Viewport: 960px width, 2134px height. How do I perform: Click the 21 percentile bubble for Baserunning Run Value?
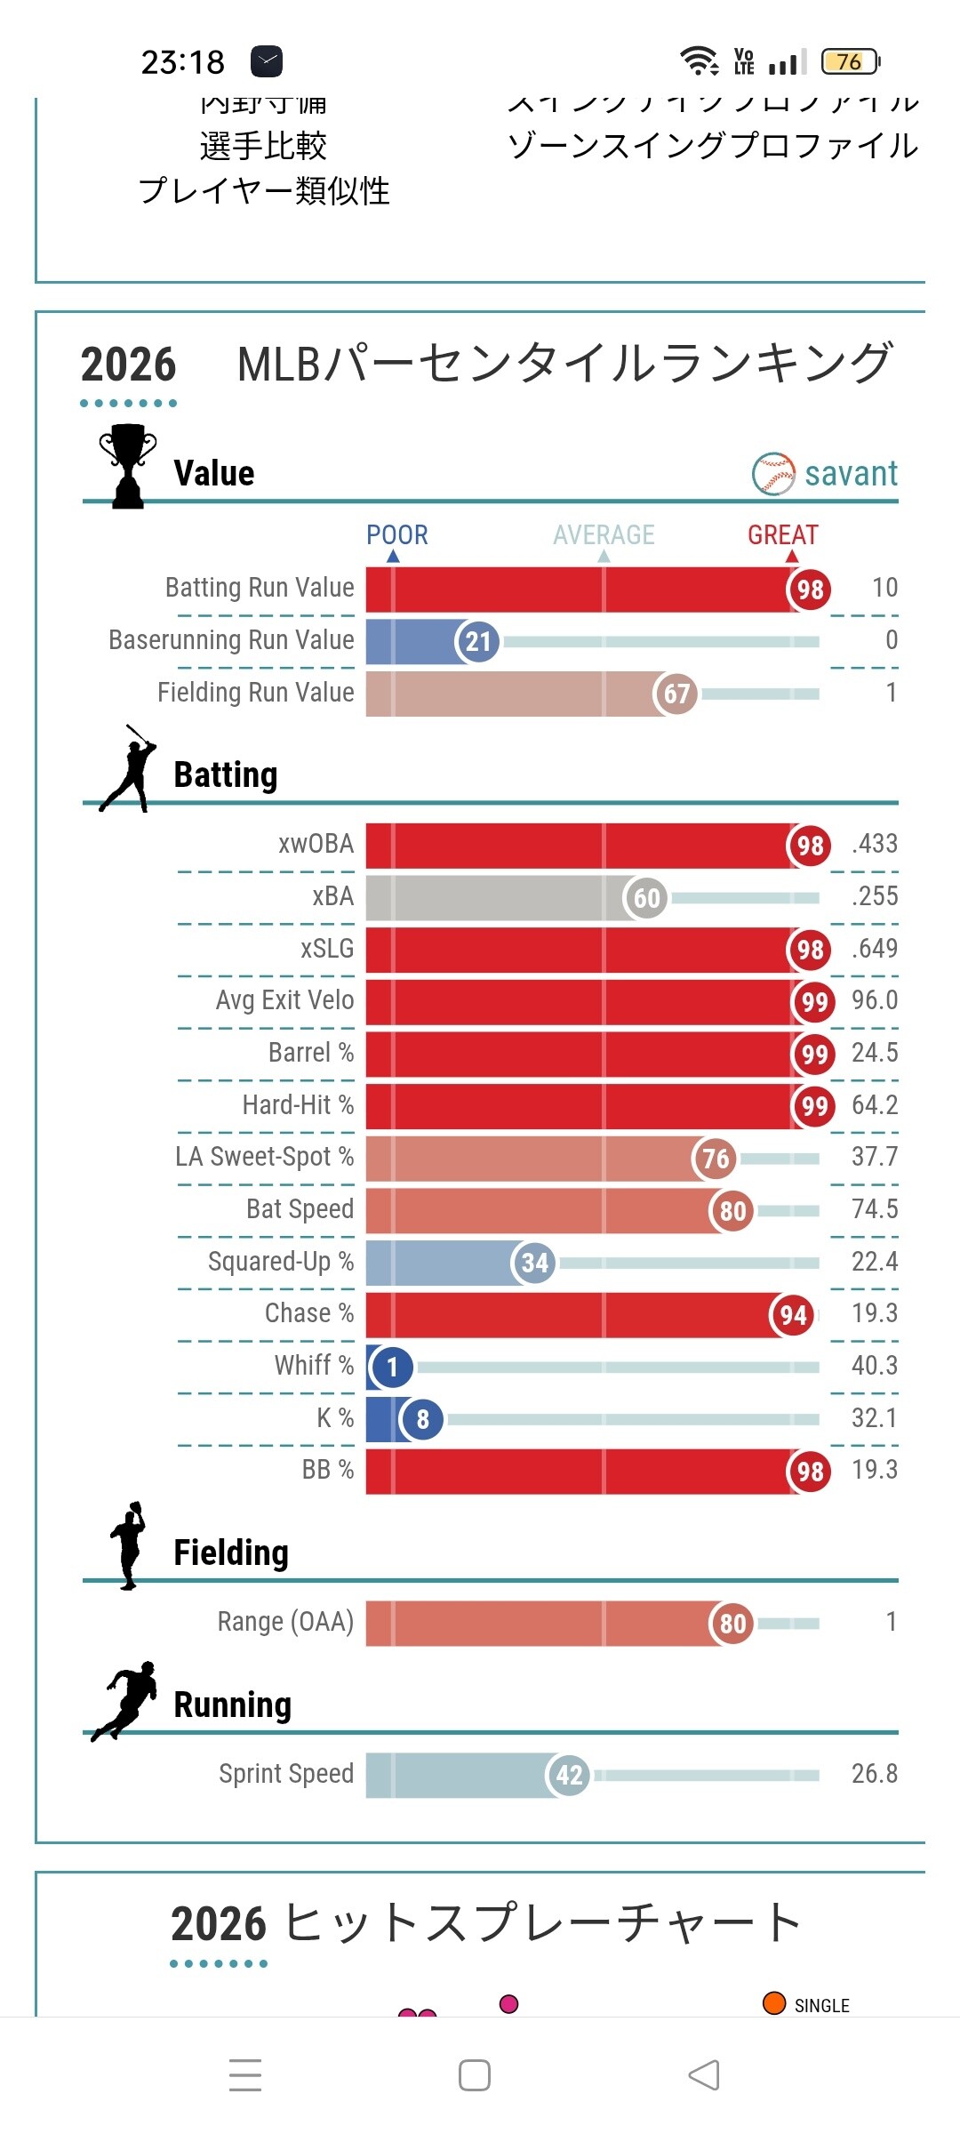pyautogui.click(x=477, y=641)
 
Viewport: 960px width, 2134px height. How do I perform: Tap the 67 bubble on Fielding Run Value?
pyautogui.click(x=676, y=694)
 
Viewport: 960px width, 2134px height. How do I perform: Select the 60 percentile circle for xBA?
pyautogui.click(x=645, y=897)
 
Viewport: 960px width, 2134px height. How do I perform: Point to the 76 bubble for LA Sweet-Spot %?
pyautogui.click(x=715, y=1159)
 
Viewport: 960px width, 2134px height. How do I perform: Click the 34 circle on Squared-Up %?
pyautogui.click(x=533, y=1263)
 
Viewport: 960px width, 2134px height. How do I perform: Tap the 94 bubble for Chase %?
pyautogui.click(x=792, y=1315)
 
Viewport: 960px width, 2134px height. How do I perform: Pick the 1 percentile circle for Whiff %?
pyautogui.click(x=392, y=1367)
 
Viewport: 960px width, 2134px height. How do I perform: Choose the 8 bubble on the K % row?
pyautogui.click(x=422, y=1419)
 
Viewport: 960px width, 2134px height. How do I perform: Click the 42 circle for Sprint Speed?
pyautogui.click(x=568, y=1775)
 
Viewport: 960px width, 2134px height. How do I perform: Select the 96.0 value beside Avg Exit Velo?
pyautogui.click(x=875, y=1000)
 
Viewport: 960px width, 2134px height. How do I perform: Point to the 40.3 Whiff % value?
pyautogui.click(x=875, y=1366)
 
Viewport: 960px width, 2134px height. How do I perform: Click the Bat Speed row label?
pyautogui.click(x=300, y=1209)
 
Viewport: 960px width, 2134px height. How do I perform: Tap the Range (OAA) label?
pyautogui.click(x=285, y=1622)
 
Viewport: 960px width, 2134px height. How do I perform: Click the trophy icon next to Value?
pyautogui.click(x=128, y=466)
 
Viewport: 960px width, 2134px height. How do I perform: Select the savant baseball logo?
pyautogui.click(x=773, y=474)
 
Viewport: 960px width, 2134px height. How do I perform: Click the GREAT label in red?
pyautogui.click(x=782, y=534)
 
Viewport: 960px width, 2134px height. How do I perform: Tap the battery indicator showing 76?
pyautogui.click(x=850, y=61)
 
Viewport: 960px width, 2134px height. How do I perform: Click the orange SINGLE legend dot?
pyautogui.click(x=774, y=2003)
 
